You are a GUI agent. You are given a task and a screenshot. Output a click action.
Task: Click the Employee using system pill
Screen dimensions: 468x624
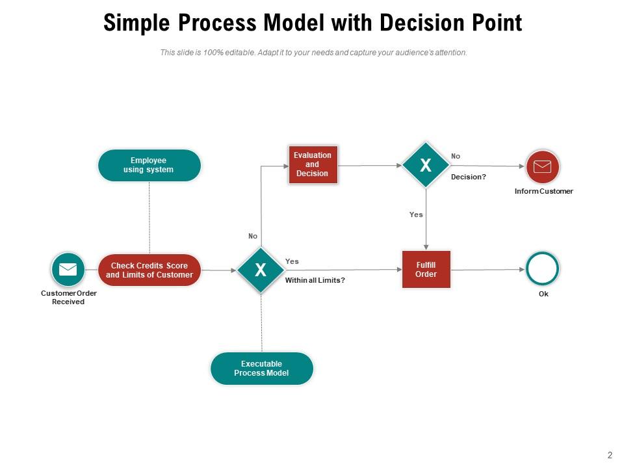click(149, 165)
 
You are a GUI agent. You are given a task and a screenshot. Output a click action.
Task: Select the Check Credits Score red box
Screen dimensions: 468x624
click(149, 270)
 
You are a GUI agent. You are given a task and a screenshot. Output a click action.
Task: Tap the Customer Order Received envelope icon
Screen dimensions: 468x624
click(68, 269)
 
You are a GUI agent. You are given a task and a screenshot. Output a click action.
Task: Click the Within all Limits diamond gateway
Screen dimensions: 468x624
click(261, 270)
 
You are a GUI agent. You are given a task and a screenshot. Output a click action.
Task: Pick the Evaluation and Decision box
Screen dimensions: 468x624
click(313, 165)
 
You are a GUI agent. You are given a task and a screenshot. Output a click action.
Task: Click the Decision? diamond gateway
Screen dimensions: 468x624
click(425, 165)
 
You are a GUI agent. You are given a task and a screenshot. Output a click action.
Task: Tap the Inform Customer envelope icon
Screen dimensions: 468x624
click(542, 166)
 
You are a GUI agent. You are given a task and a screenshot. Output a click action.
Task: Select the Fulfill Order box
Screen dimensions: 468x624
click(426, 269)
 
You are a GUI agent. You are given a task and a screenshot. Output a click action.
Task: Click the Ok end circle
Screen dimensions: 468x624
click(543, 269)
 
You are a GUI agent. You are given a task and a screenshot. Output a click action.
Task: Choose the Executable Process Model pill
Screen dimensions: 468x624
click(261, 369)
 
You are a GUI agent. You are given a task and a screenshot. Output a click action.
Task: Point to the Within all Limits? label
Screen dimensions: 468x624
click(315, 280)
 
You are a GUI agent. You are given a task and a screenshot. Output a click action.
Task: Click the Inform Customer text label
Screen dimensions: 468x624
click(543, 192)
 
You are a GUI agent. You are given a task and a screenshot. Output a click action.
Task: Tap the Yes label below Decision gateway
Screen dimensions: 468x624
click(416, 214)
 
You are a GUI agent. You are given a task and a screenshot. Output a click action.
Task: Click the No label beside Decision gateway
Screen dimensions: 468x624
click(456, 156)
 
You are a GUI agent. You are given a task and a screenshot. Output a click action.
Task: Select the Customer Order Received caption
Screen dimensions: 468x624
click(68, 298)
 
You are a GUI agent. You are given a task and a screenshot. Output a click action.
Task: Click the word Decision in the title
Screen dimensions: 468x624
click(417, 23)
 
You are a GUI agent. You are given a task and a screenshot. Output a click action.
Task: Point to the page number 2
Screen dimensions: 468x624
click(610, 455)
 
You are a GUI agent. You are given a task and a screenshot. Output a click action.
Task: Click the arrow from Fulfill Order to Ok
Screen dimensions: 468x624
click(487, 269)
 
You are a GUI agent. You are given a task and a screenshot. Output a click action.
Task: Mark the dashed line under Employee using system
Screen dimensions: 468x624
click(149, 218)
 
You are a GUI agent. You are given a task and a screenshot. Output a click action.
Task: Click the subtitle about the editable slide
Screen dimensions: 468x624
click(313, 53)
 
